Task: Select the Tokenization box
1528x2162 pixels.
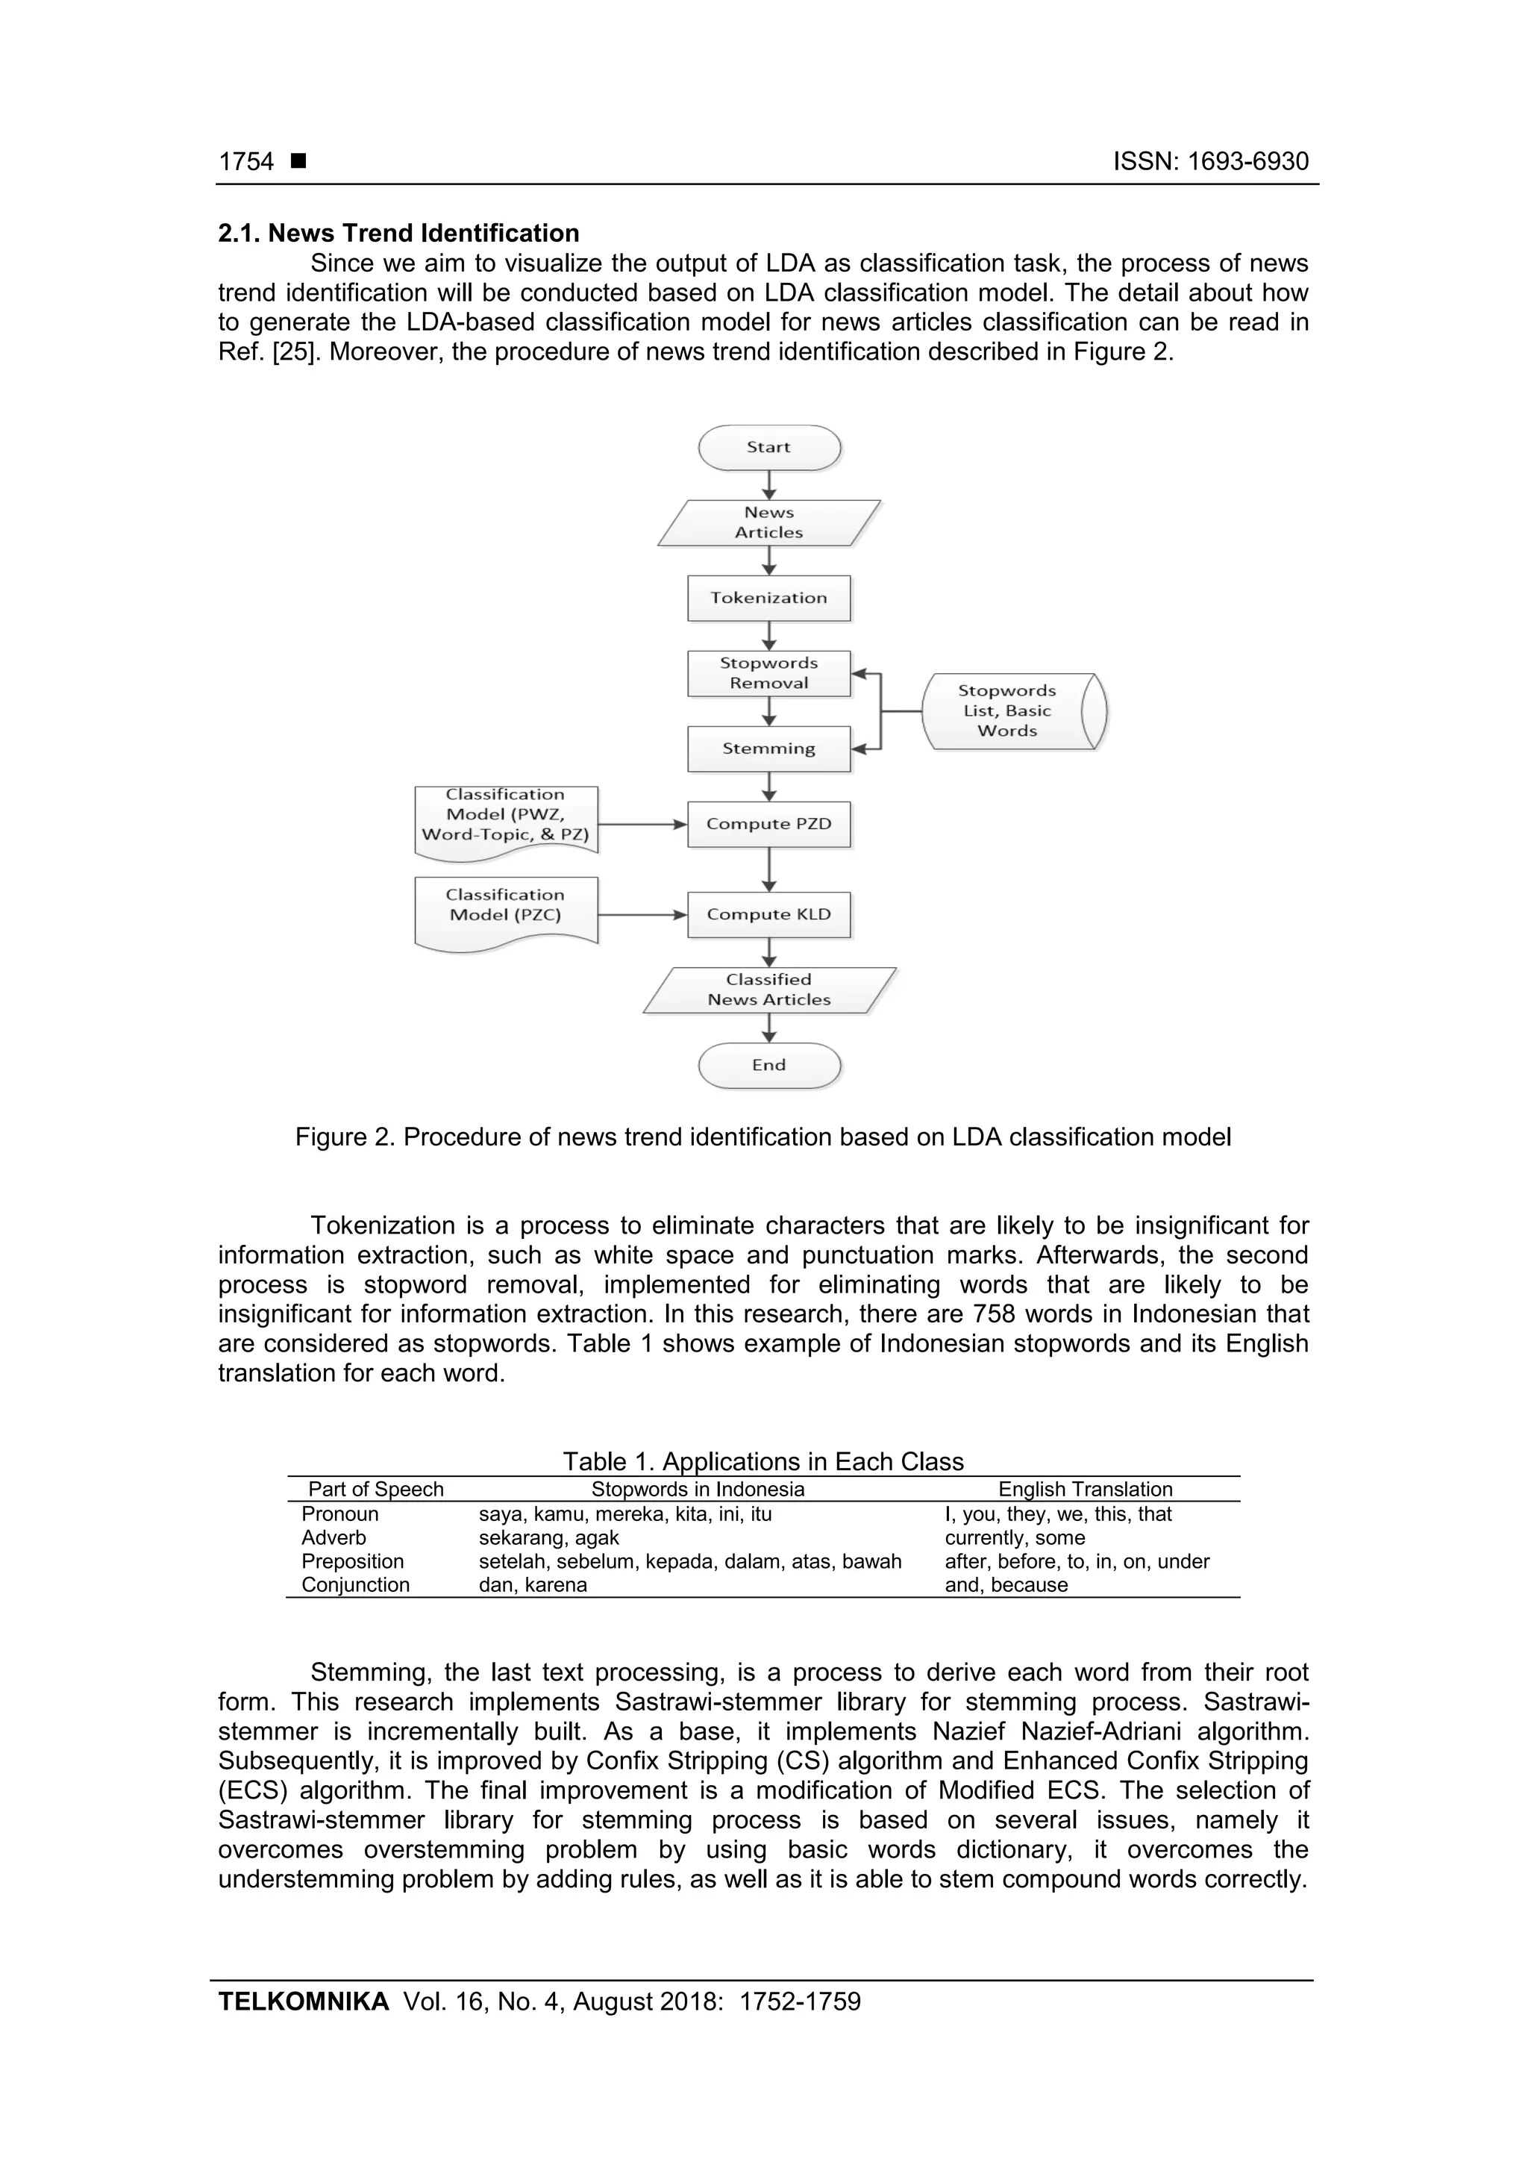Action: [768, 598]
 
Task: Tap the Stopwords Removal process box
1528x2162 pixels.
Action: [768, 673]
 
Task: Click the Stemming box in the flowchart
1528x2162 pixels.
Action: [768, 749]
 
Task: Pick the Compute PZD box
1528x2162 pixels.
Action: [768, 824]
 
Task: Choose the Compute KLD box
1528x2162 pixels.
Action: [768, 914]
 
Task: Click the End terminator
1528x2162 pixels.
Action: [768, 1065]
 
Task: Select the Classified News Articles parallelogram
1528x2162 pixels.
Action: [768, 990]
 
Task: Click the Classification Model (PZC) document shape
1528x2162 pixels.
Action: [506, 910]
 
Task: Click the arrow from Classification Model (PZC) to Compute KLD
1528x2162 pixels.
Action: [642, 914]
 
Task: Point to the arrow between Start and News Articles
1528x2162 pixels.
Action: [769, 484]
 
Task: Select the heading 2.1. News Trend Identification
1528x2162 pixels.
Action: [398, 234]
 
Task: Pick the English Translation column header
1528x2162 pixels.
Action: [1085, 1489]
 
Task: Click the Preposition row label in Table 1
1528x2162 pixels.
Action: [352, 1561]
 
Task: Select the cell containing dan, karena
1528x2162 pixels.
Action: [533, 1585]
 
